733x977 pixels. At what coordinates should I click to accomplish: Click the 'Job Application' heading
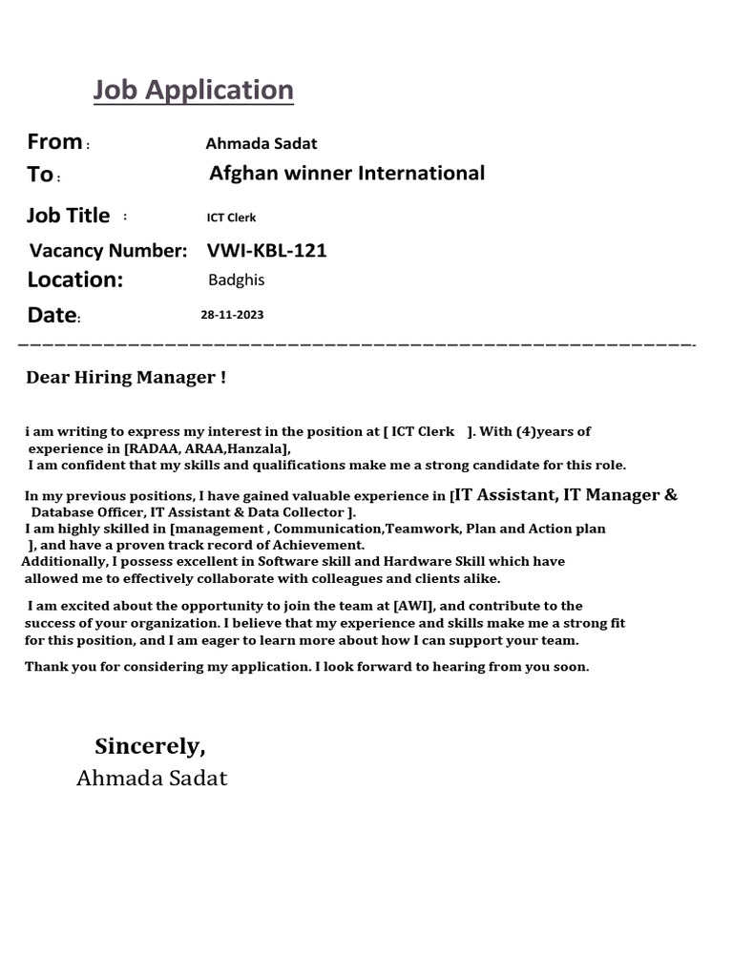[193, 91]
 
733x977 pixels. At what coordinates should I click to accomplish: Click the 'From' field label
[54, 142]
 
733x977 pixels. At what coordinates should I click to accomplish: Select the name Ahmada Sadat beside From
[261, 144]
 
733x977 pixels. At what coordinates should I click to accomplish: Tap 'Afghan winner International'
[346, 174]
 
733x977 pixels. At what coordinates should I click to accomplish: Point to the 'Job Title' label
[68, 216]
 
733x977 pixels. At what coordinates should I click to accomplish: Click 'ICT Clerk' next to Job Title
[231, 218]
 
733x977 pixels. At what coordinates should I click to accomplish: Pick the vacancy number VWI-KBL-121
[266, 251]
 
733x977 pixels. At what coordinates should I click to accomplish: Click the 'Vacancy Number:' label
[108, 251]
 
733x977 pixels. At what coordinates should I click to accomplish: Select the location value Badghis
[236, 281]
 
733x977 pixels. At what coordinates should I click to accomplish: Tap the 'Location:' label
[75, 280]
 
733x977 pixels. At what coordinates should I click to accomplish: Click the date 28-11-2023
[232, 315]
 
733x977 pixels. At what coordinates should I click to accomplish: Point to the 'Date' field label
[52, 315]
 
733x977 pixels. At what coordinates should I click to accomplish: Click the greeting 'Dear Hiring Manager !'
[126, 378]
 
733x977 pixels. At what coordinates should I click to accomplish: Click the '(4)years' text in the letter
[553, 432]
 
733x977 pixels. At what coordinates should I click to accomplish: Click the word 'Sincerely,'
[150, 746]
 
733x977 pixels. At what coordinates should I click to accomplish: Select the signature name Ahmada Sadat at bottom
[152, 779]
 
